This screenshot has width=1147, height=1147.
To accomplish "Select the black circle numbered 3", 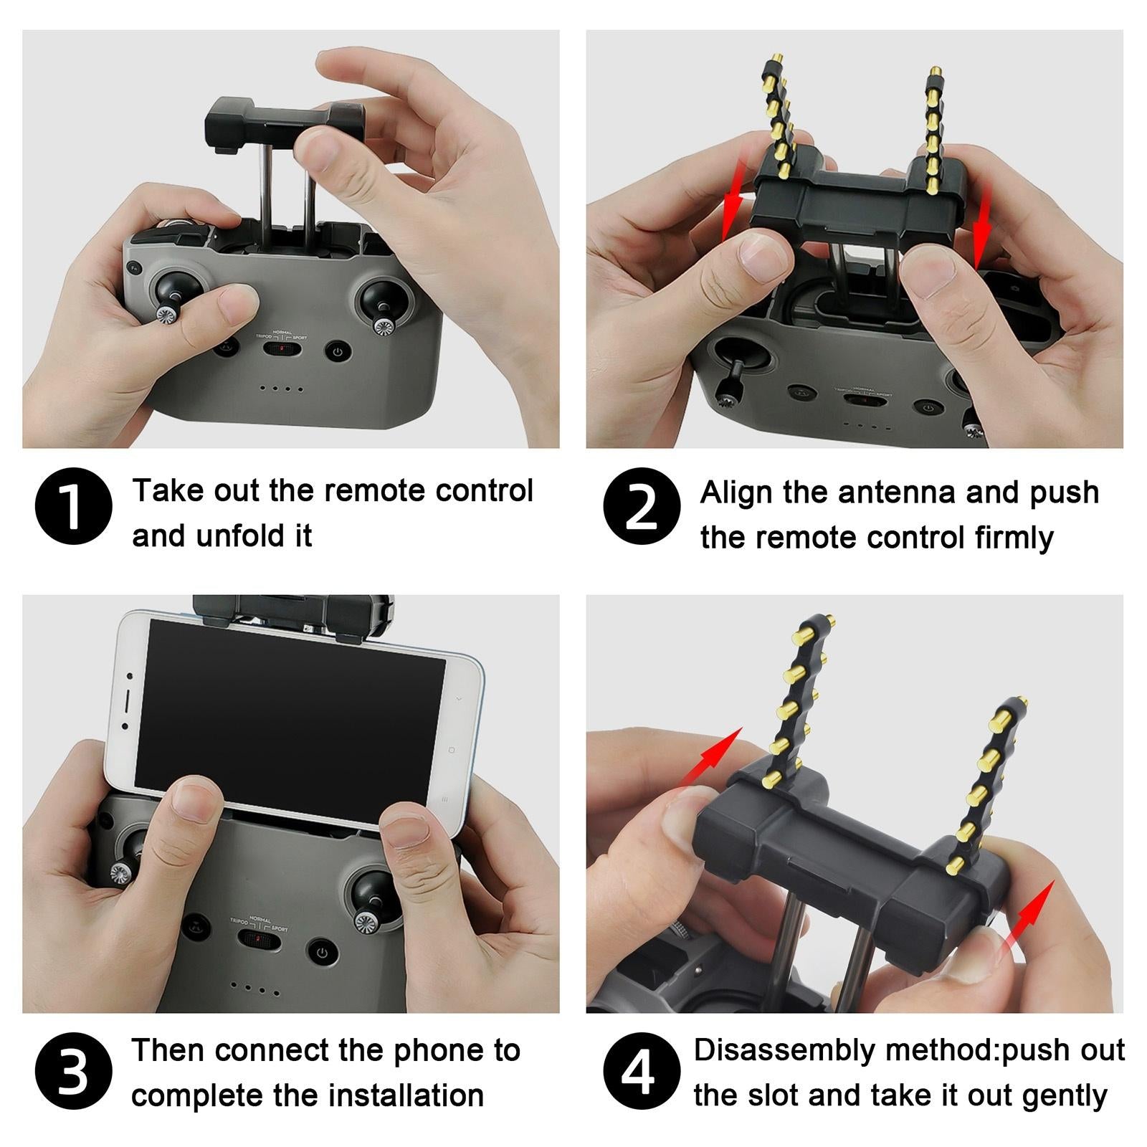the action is pyautogui.click(x=74, y=1071).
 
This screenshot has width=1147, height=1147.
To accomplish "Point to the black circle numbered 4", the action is pyautogui.click(x=642, y=1071).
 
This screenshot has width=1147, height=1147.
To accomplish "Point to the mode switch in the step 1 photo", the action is pyautogui.click(x=280, y=349).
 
